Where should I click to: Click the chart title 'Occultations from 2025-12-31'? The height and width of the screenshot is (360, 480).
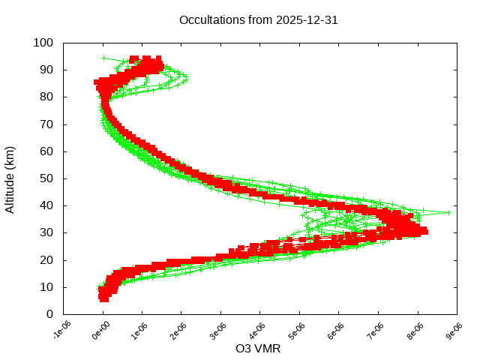coord(258,20)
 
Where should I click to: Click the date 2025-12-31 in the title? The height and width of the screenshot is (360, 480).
coord(308,20)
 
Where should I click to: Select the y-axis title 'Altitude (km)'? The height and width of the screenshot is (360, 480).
coord(10,178)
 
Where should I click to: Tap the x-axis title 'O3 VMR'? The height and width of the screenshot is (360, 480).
coord(258,349)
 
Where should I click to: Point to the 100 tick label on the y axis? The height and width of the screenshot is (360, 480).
coord(43,43)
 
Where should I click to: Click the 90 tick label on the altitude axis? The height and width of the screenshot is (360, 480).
coord(46,70)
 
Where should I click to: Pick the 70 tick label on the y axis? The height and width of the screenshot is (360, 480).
coord(46,124)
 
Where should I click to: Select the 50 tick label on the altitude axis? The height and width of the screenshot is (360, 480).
coord(46,178)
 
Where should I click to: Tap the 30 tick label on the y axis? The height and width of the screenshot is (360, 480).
coord(46,232)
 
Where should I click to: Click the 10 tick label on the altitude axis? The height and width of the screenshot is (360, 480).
coord(46,286)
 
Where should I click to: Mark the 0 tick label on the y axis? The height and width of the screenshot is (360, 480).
coord(49,313)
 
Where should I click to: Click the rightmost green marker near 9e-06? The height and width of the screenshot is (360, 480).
coord(448,212)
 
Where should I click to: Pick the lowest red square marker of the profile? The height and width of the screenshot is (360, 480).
coord(103,298)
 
